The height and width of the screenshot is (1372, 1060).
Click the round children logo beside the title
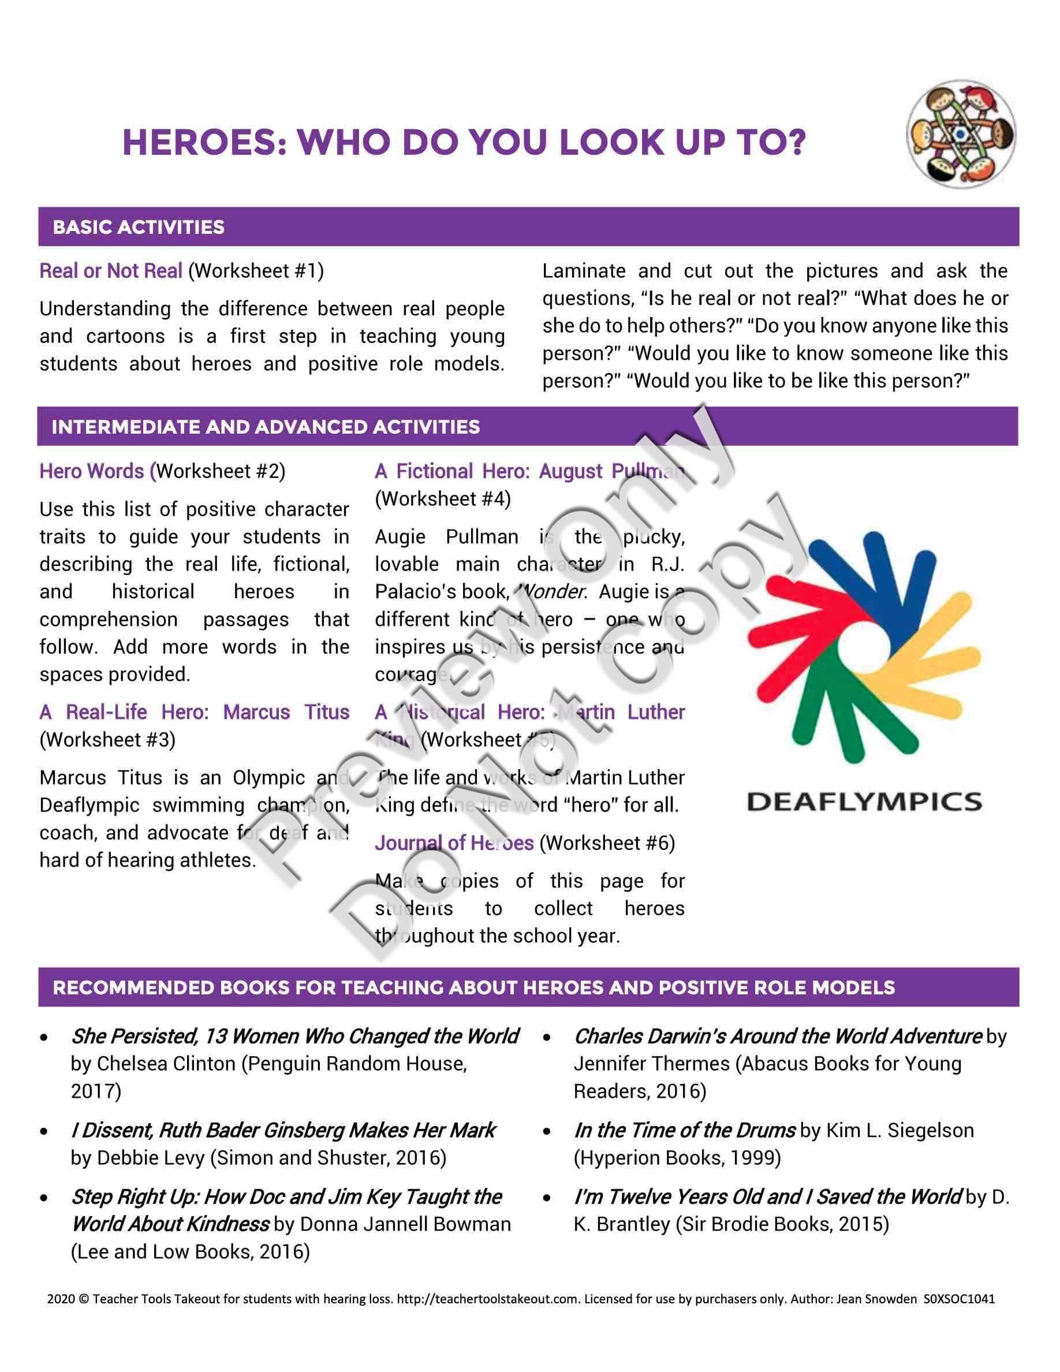point(960,135)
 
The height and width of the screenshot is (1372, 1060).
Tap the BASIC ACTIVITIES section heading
point(139,227)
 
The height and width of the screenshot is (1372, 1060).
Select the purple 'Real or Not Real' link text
point(111,271)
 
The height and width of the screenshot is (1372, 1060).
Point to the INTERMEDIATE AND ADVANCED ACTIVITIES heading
point(266,427)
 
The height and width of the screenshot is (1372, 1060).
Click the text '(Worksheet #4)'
point(443,499)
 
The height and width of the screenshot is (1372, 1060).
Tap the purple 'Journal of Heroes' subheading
point(454,843)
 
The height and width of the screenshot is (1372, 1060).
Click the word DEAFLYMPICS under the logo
point(864,802)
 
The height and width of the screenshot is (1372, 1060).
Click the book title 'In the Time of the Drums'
point(685,1130)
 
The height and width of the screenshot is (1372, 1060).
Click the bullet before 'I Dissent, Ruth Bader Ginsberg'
point(44,1131)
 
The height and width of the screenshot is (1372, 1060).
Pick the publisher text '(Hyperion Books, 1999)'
point(677,1158)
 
